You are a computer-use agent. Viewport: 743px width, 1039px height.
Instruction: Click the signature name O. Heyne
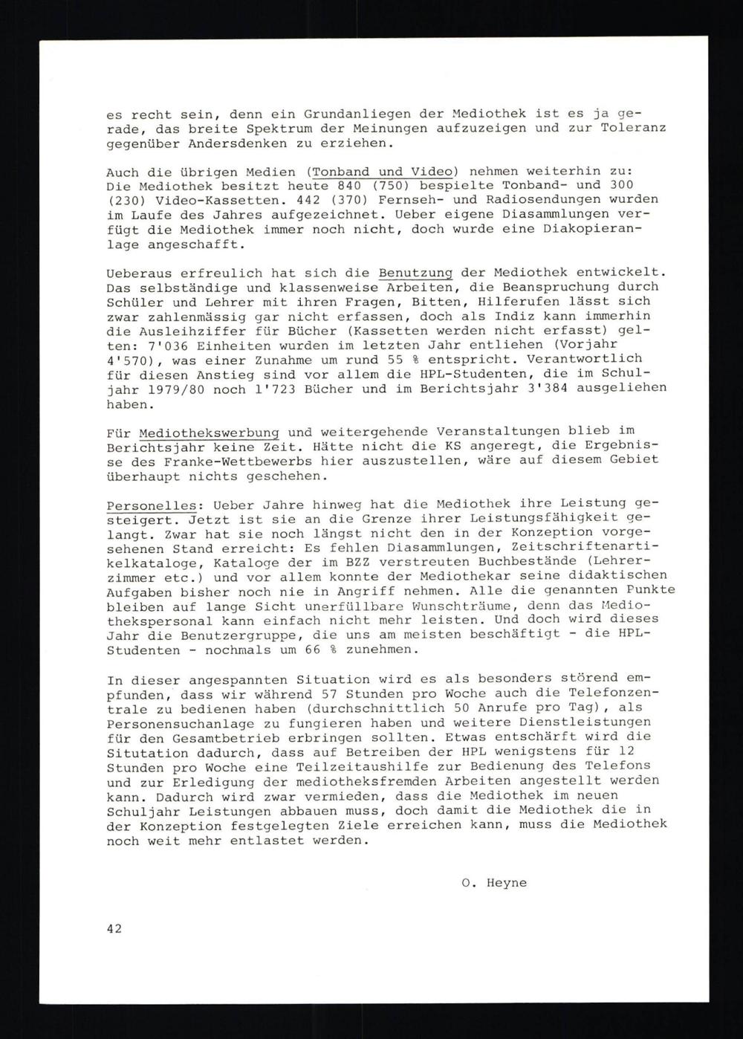coord(494,882)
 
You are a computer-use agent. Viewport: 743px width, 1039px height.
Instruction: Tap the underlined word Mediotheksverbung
coord(209,431)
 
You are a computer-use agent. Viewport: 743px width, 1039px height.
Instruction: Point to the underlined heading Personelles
coord(144,503)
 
